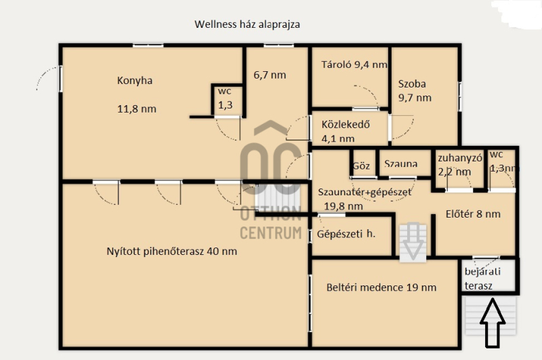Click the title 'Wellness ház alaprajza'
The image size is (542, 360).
(x=247, y=24)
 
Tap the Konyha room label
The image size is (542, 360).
(x=135, y=81)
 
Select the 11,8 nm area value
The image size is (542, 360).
(x=137, y=109)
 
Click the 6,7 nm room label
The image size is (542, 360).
(x=270, y=75)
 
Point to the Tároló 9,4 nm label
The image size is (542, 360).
(x=354, y=64)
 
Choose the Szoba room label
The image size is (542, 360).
(x=412, y=83)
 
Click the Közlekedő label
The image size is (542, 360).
(x=346, y=125)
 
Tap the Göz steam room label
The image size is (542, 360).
(x=361, y=165)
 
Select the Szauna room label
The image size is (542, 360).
(x=400, y=163)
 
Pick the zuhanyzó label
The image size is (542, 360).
(x=460, y=159)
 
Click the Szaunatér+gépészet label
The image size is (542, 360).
(x=364, y=193)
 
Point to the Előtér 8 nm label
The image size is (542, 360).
(x=473, y=214)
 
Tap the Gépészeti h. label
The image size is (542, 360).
(x=346, y=234)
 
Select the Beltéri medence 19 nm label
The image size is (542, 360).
(x=381, y=287)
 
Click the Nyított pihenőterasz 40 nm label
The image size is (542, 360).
(x=172, y=251)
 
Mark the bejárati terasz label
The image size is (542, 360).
(x=482, y=279)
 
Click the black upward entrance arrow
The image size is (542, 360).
(x=493, y=323)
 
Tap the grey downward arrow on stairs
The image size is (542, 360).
(x=412, y=242)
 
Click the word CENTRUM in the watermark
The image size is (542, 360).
(x=270, y=233)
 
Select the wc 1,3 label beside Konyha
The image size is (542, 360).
(x=225, y=98)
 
